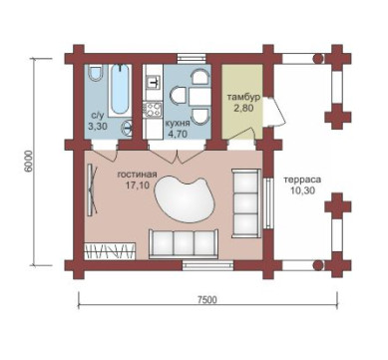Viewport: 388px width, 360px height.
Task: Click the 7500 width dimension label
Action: pos(206,300)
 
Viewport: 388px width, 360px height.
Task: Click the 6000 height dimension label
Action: pos(29,161)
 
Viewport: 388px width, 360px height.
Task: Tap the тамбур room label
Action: pos(243,98)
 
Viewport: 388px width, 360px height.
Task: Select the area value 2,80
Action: pos(243,108)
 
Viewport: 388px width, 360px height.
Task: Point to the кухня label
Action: pos(178,124)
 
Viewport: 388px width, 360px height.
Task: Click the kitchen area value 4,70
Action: pos(178,134)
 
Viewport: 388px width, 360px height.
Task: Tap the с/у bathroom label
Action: pos(98,116)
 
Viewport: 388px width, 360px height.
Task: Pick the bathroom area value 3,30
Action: pos(98,126)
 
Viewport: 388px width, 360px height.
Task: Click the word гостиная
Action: pos(137,175)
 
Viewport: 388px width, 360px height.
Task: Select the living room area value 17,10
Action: pos(138,185)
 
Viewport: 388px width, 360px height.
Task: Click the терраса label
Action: pos(302,180)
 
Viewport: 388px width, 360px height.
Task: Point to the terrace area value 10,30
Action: pos(302,190)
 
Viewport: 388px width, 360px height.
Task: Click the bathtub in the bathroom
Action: pos(119,89)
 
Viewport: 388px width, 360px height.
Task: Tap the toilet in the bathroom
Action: pos(97,73)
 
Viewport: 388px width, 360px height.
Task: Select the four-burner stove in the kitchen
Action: pos(153,109)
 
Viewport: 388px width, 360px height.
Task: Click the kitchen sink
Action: pos(154,82)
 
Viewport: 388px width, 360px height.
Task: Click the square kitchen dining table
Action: pos(199,97)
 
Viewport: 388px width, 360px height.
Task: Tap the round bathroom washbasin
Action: pos(128,126)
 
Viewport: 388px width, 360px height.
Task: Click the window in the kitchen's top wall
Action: pos(192,59)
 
